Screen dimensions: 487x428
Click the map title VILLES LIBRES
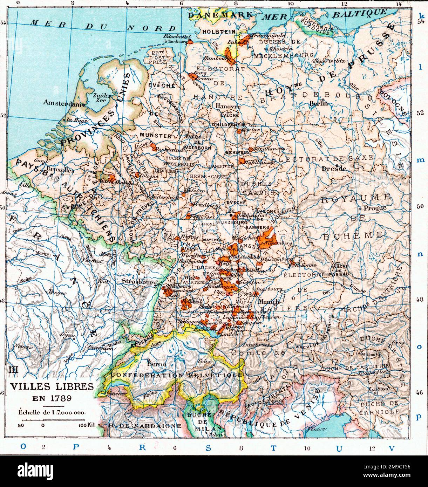pyautogui.click(x=52, y=386)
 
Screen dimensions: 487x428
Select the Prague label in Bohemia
pyautogui.click(x=375, y=208)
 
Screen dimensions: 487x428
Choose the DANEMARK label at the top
pyautogui.click(x=220, y=15)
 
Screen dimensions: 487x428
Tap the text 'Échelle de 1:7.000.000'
pyautogui.click(x=52, y=412)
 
